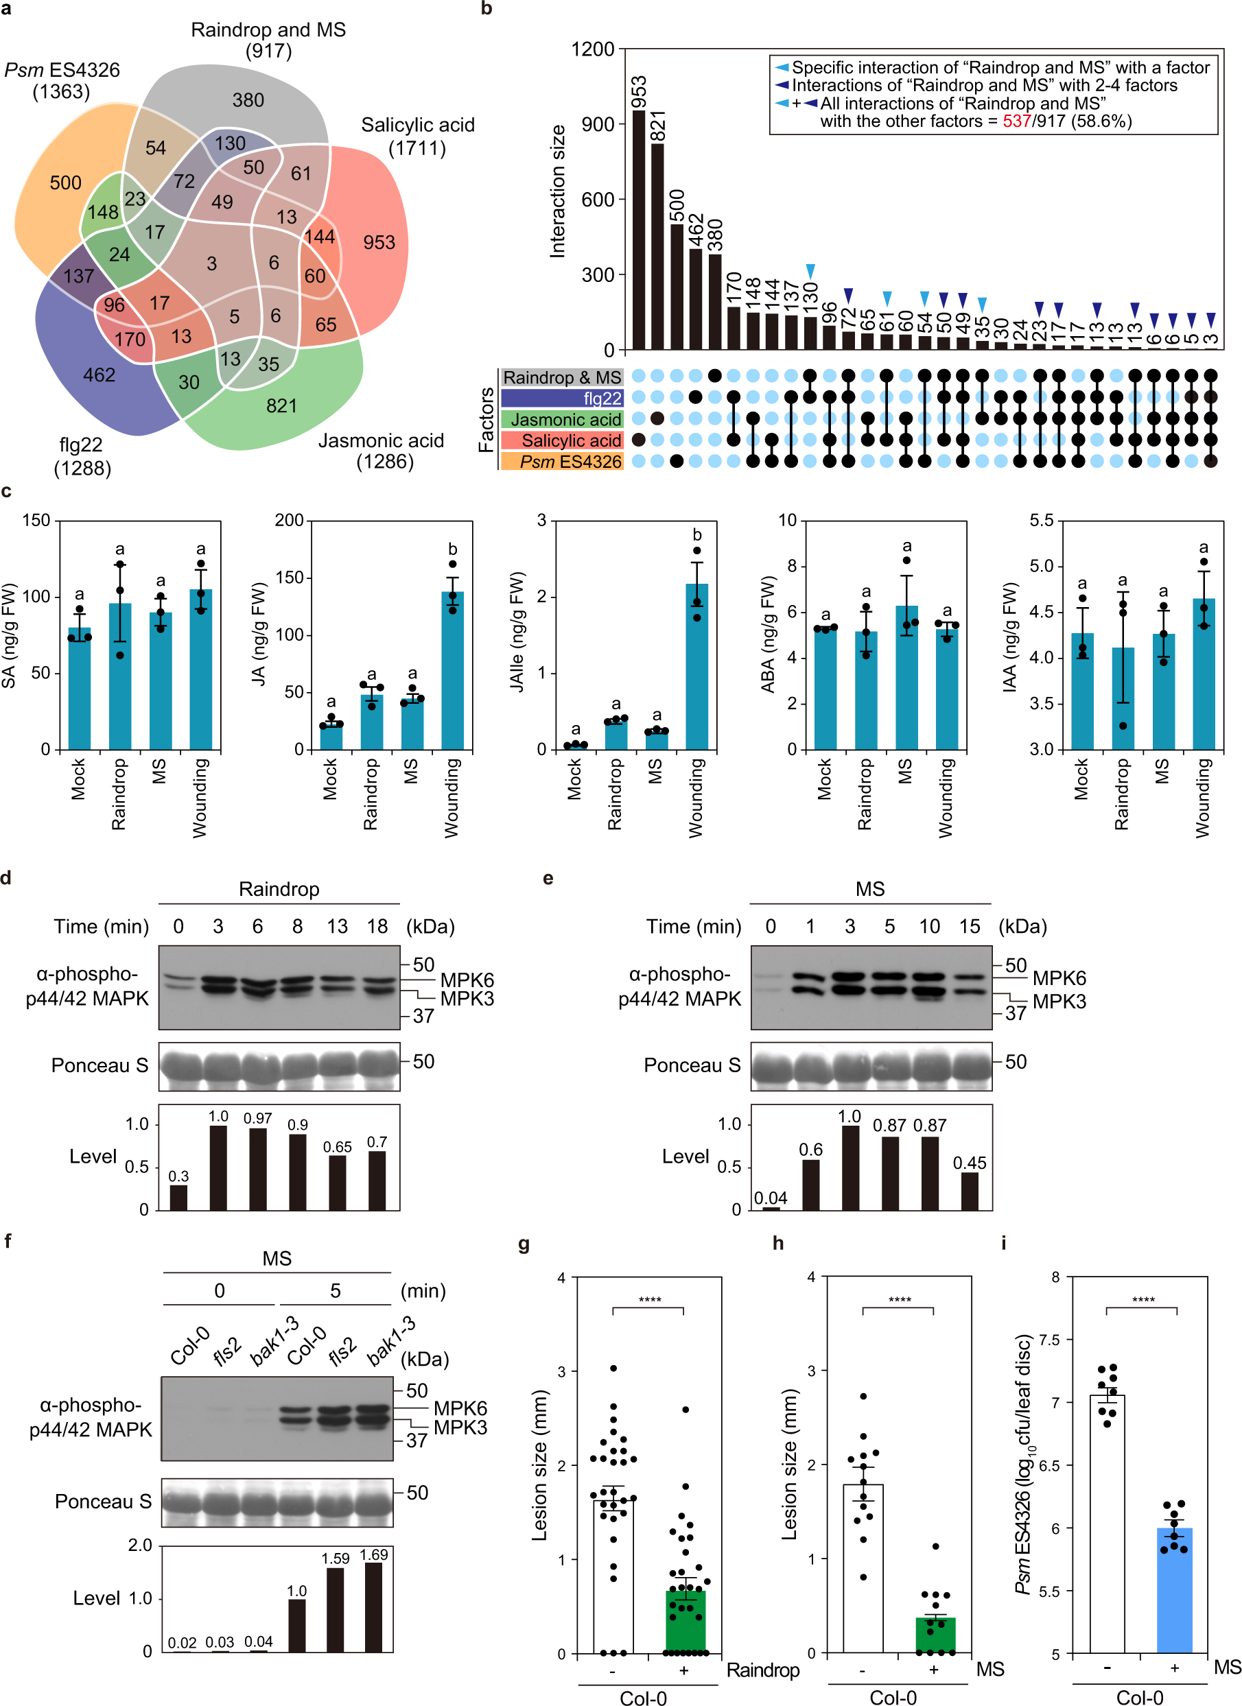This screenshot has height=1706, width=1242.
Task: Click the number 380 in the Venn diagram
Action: (248, 100)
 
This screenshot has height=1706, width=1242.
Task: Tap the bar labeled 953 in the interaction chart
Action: (639, 229)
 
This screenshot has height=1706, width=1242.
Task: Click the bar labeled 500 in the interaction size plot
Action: (677, 287)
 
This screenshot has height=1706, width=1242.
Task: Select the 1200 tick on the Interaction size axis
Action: (593, 49)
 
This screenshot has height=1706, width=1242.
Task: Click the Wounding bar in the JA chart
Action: (452, 670)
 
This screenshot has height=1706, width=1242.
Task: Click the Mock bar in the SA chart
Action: (80, 688)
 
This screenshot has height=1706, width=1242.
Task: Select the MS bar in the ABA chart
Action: (906, 677)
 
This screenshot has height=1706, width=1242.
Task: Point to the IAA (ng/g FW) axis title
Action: (1009, 637)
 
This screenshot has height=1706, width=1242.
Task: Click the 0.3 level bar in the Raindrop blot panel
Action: (178, 1197)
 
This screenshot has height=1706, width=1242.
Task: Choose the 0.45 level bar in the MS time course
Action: (970, 1191)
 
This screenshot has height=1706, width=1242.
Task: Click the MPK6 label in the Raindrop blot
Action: (467, 980)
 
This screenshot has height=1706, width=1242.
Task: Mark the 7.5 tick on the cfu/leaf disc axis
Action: (1048, 1340)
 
